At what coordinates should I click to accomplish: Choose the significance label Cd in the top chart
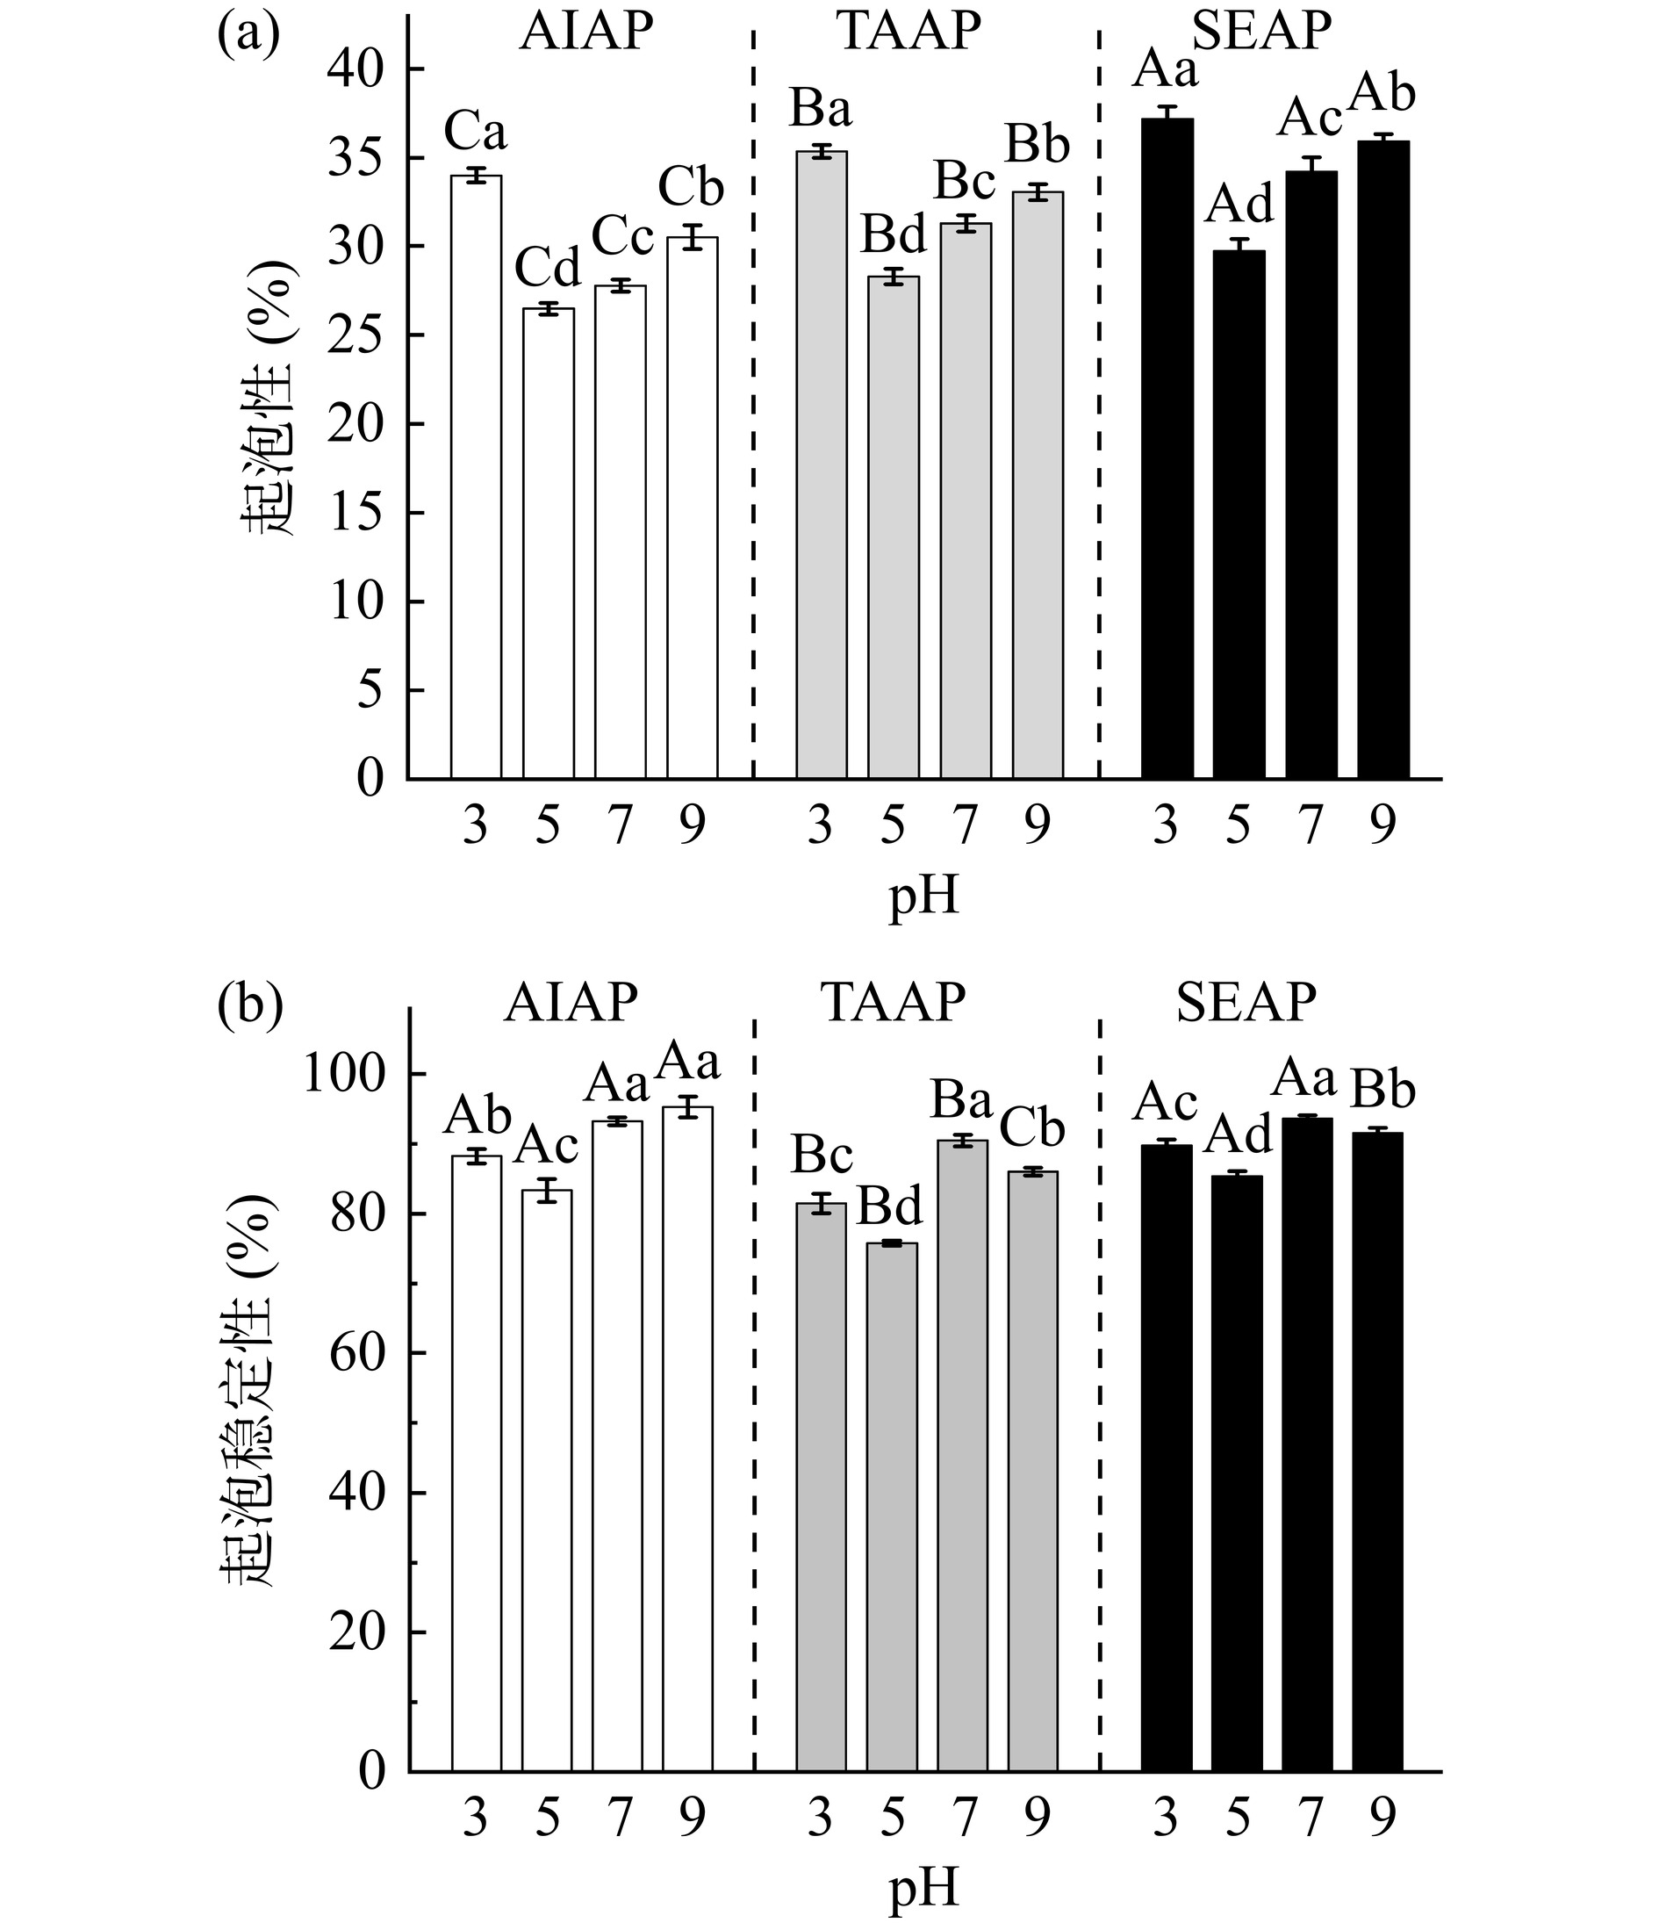click(548, 268)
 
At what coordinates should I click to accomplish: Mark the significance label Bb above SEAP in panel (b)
click(1382, 1091)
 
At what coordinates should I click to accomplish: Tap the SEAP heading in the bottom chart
click(1246, 1003)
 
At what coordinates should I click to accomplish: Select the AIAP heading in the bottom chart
click(571, 1003)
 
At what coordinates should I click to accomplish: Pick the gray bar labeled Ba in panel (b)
click(962, 1455)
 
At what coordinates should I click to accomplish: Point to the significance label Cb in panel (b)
click(1031, 1129)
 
